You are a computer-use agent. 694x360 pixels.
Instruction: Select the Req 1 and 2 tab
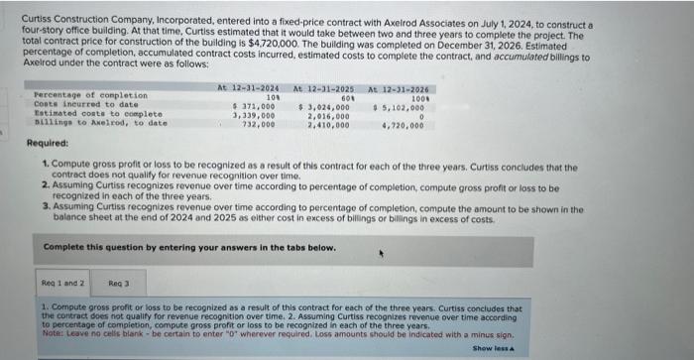pos(60,283)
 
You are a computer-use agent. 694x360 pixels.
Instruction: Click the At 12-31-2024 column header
pos(248,88)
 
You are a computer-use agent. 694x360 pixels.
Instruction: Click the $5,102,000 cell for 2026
pos(399,106)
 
